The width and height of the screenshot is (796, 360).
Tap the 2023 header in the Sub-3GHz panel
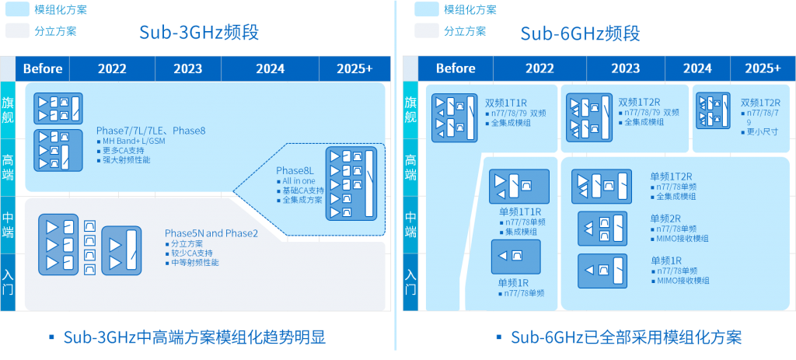(x=187, y=68)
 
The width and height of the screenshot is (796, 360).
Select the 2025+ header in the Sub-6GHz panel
(x=762, y=68)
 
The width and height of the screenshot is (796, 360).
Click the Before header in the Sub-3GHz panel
(x=43, y=68)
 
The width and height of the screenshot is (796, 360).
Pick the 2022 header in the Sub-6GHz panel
(x=539, y=68)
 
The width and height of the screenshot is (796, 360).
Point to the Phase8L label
(x=295, y=170)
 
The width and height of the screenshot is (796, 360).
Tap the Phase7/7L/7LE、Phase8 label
(x=151, y=130)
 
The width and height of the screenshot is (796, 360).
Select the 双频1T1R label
(x=507, y=102)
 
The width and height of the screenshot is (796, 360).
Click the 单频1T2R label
(x=671, y=177)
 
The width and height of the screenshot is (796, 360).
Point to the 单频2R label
(x=665, y=218)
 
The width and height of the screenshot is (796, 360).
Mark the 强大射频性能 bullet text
(x=126, y=160)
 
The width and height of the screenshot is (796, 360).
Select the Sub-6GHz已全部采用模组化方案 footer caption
(x=626, y=337)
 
